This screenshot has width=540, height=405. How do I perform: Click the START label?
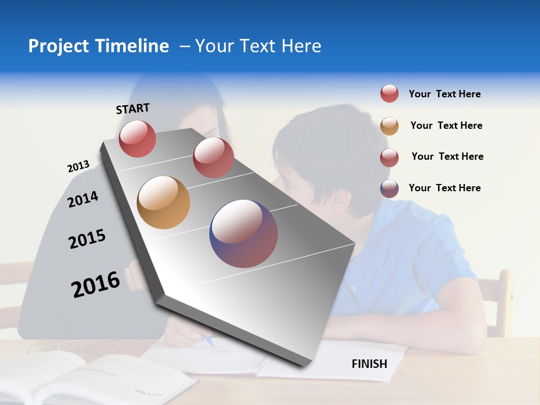coord(133,109)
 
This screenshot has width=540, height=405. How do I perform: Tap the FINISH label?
coord(369,364)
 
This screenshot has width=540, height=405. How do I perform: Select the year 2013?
coord(78,166)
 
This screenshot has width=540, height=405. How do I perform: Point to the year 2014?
coord(83,199)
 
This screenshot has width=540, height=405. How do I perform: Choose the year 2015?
coord(87,239)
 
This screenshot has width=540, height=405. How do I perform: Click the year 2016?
coord(96,284)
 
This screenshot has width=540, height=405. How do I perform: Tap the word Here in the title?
coord(301,46)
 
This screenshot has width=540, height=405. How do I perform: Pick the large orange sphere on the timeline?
coord(163,202)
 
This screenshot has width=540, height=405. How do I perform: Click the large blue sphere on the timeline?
coord(244,233)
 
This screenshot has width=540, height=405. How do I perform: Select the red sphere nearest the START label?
coord(137,138)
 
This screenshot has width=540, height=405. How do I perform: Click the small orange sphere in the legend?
coord(389,126)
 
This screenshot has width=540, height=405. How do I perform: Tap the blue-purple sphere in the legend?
coord(389,188)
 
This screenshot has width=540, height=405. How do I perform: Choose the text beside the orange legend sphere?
coord(446,125)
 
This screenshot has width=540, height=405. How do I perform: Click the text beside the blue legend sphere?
coord(444,188)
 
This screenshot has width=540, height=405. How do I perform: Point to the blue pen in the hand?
coord(209,341)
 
